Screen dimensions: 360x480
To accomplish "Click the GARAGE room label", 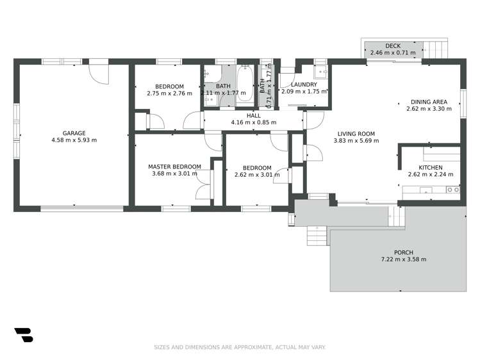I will [x=74, y=133].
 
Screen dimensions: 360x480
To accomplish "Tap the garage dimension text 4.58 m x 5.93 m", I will [x=74, y=140].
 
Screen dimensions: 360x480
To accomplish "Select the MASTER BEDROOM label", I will [x=174, y=167].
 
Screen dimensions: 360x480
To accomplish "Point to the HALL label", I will [x=254, y=115].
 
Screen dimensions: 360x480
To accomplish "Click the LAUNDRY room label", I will [x=304, y=85].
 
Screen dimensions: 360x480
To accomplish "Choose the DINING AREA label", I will [x=429, y=102].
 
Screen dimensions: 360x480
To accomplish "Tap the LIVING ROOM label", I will [x=356, y=134].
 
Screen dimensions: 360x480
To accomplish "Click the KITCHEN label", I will [x=429, y=168].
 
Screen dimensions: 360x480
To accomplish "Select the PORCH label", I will [x=404, y=252].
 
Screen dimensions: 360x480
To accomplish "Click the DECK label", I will [x=393, y=45].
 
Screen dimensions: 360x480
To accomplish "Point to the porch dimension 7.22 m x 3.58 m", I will [x=404, y=259].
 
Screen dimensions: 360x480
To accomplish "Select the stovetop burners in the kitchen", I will [x=452, y=190].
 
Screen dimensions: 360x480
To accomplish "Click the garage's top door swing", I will [x=100, y=72].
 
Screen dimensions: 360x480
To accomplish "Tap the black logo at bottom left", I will [x=23, y=334].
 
